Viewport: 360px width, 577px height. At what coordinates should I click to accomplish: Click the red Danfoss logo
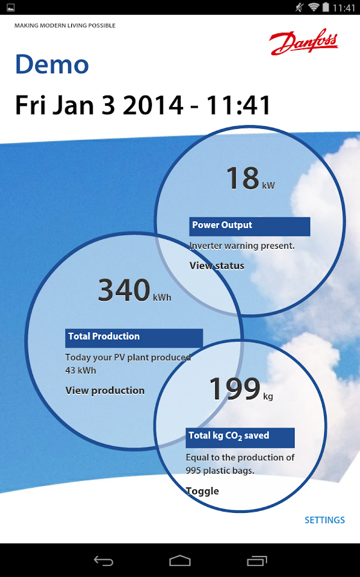[304, 42]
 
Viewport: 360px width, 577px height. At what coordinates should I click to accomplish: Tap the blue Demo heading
[52, 64]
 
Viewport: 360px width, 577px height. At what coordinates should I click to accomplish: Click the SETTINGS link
[325, 520]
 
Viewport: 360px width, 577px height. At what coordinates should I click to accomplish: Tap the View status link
[217, 265]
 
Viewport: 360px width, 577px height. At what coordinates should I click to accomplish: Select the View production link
[105, 390]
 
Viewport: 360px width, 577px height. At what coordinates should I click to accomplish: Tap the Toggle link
[202, 491]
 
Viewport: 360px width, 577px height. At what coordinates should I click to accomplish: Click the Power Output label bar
[250, 226]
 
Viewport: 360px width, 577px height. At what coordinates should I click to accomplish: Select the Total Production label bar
[134, 338]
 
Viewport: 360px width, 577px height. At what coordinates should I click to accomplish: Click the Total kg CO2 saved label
[240, 437]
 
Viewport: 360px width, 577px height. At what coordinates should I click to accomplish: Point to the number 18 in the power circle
[243, 178]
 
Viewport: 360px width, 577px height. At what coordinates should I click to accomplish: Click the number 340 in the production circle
[124, 290]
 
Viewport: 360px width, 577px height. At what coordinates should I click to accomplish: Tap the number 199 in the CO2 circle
[234, 389]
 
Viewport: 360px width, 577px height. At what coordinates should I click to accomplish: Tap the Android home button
[180, 561]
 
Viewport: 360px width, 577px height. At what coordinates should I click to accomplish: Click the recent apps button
[257, 561]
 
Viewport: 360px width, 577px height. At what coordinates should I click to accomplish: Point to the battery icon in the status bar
[325, 7]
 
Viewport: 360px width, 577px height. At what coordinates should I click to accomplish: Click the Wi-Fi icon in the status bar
[313, 7]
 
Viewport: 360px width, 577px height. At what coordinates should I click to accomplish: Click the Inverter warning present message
[242, 246]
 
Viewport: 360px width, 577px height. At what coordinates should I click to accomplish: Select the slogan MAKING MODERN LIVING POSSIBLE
[65, 26]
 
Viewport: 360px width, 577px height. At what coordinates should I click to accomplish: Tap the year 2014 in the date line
[152, 105]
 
